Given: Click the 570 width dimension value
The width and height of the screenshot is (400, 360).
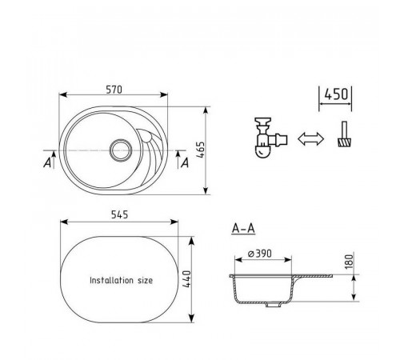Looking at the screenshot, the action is pyautogui.click(x=114, y=90).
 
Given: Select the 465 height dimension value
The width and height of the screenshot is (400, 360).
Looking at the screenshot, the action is pyautogui.click(x=201, y=150).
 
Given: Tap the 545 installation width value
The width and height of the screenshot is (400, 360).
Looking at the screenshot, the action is pyautogui.click(x=119, y=214).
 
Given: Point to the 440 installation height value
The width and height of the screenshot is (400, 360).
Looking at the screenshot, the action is pyautogui.click(x=187, y=279).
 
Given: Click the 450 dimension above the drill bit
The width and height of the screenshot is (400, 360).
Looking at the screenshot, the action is pyautogui.click(x=336, y=94).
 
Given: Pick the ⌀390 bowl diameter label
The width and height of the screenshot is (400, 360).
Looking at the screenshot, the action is pyautogui.click(x=260, y=254).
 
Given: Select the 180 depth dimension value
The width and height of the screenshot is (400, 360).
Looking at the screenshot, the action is pyautogui.click(x=349, y=262).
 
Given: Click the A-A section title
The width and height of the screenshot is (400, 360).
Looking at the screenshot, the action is pyautogui.click(x=243, y=229).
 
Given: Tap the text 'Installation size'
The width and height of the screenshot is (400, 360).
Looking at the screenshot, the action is pyautogui.click(x=122, y=280).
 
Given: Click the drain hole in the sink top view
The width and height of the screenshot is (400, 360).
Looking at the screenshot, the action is pyautogui.click(x=121, y=150).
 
